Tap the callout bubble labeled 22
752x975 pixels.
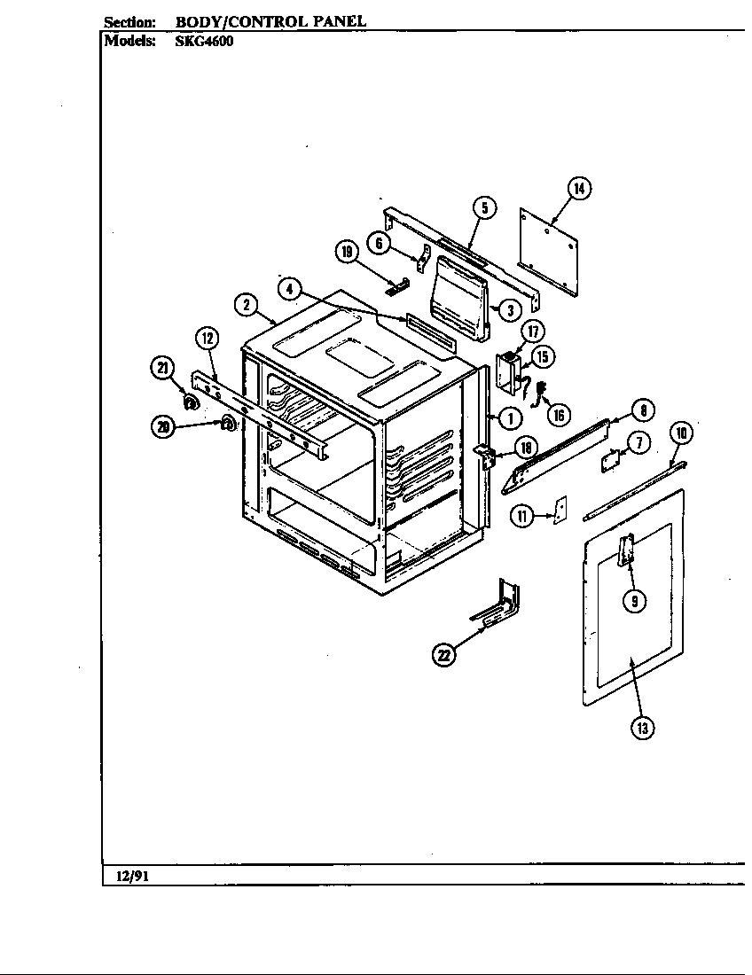pos(443,655)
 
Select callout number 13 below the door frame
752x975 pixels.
pos(642,728)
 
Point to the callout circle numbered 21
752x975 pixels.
pos(162,370)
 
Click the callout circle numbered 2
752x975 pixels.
pos(246,304)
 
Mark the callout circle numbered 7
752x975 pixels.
pos(639,441)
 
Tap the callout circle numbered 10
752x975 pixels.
pos(681,433)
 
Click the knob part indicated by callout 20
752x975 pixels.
pos(227,424)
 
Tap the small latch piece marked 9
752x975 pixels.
pos(628,551)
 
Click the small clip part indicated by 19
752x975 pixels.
pos(397,285)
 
